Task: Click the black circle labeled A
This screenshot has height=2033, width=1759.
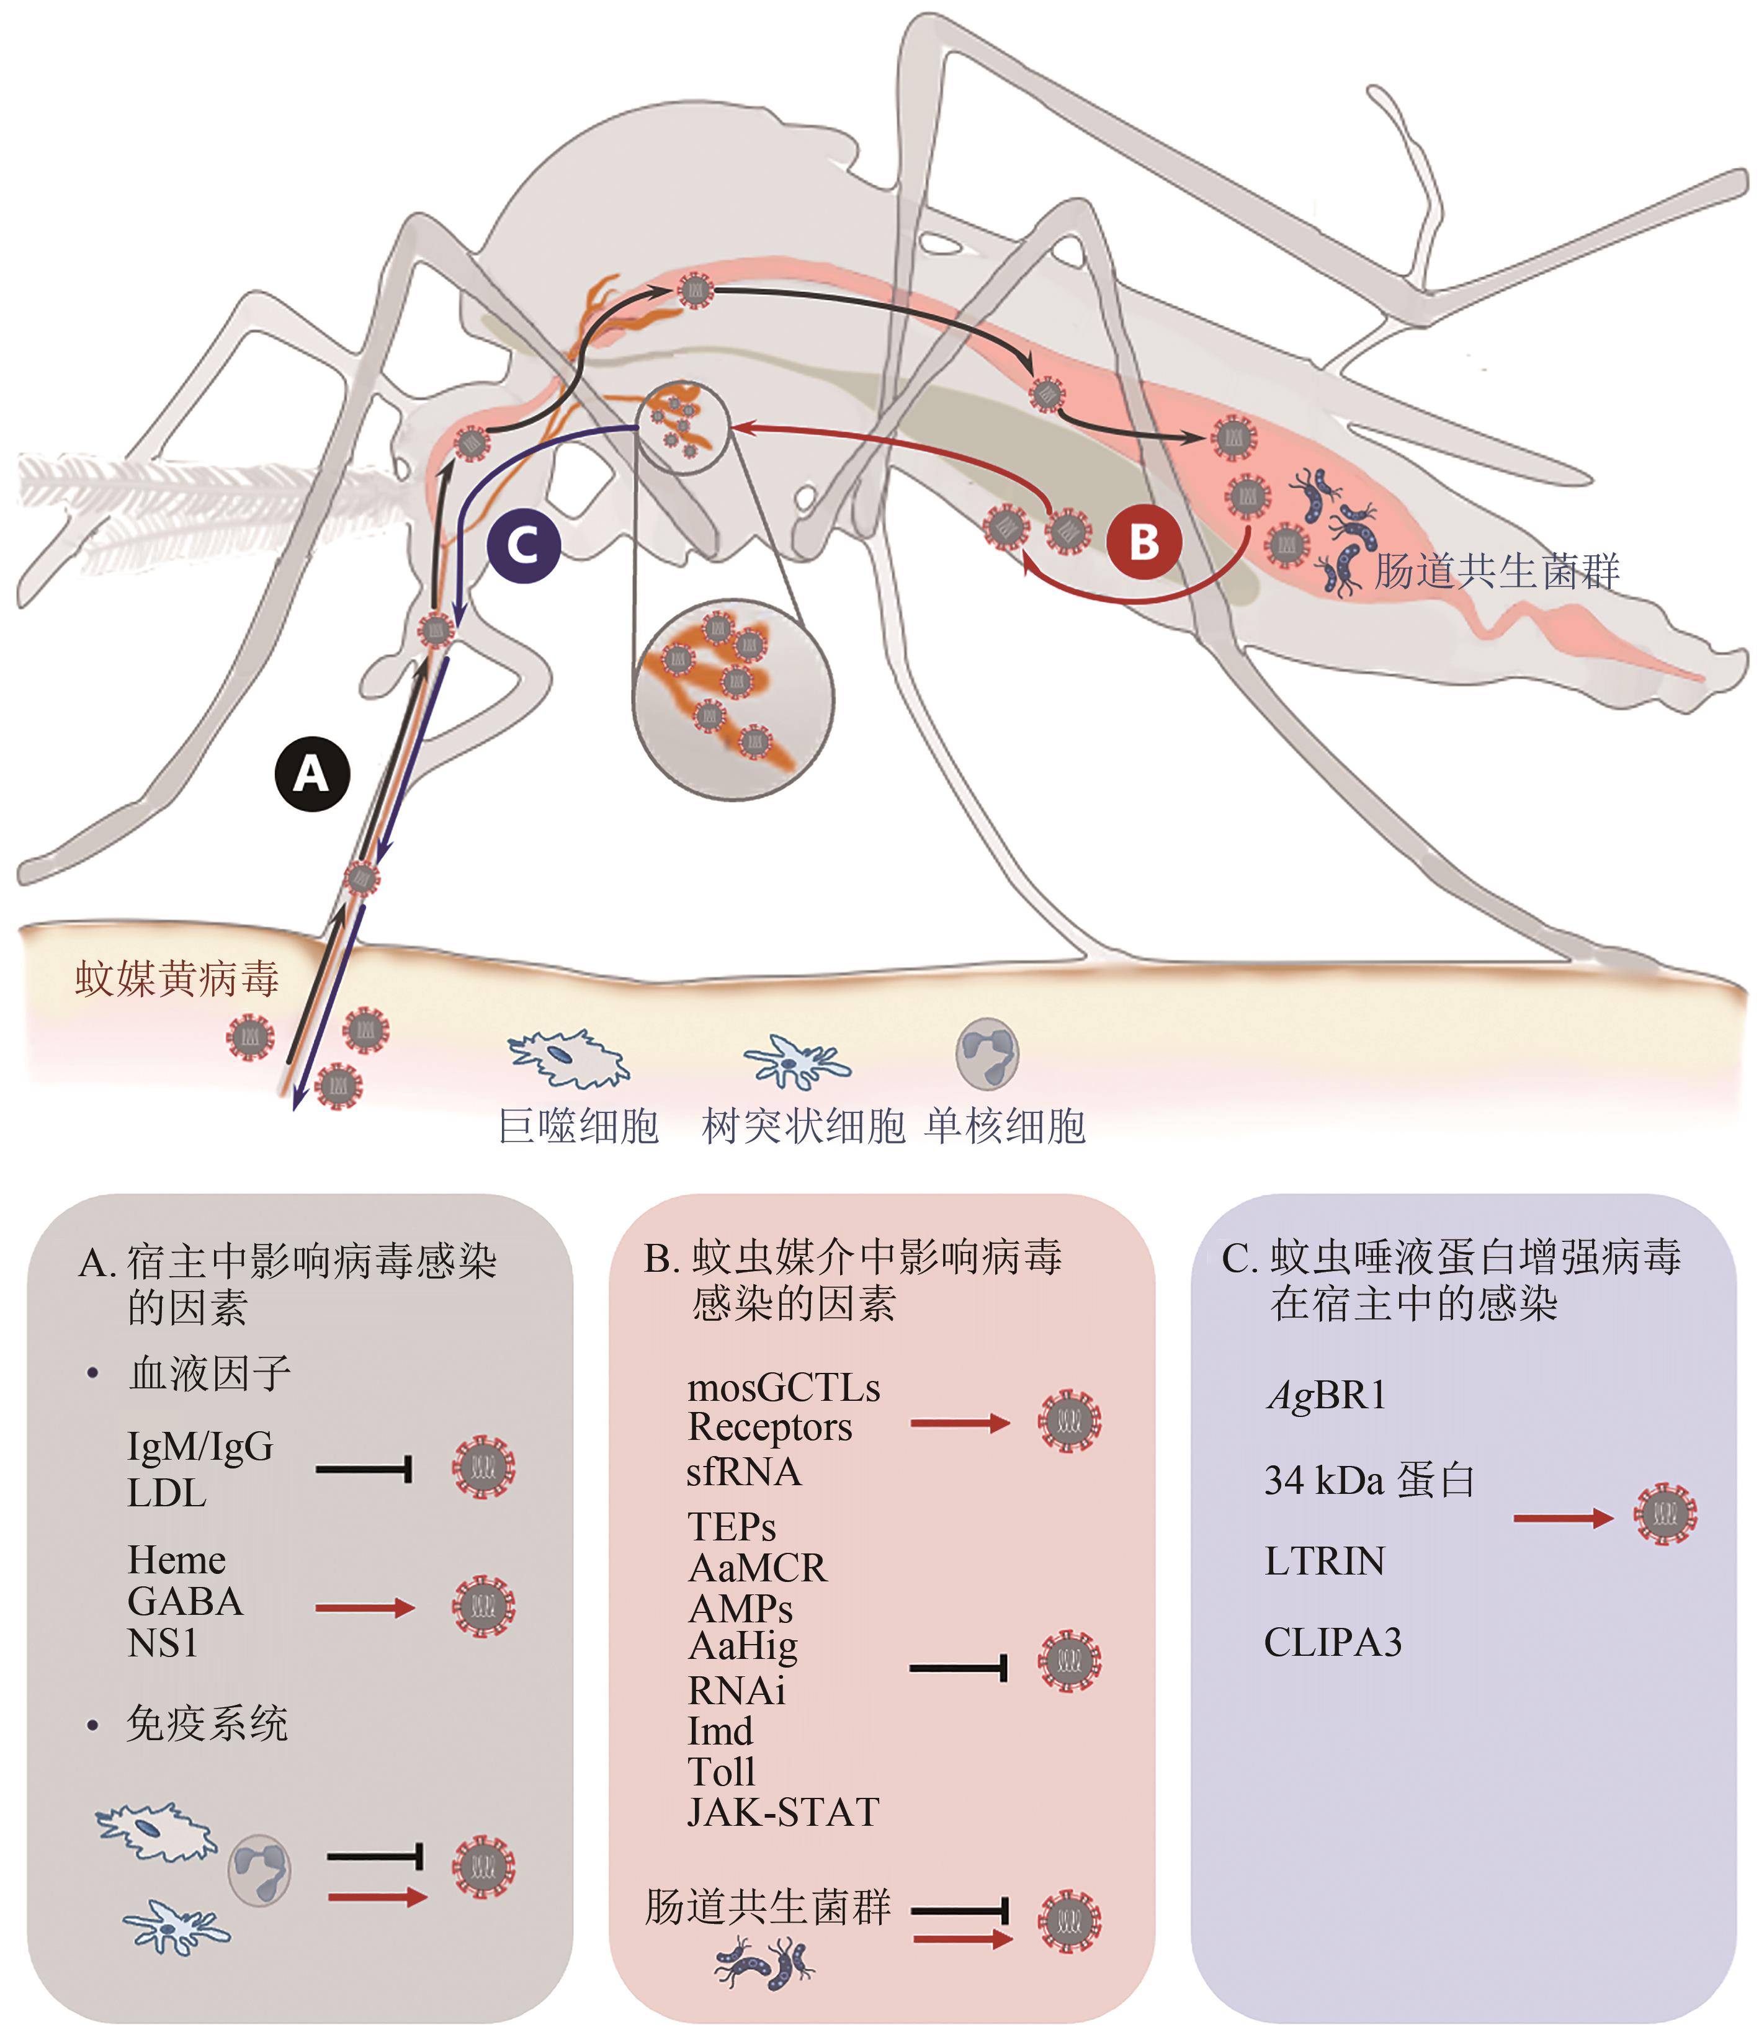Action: [312, 774]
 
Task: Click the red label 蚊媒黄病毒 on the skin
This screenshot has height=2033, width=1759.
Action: [177, 979]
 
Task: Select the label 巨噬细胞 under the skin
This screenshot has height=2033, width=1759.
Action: [578, 1126]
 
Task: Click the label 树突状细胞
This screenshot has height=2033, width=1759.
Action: [803, 1126]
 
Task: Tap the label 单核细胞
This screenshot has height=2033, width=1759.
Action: [1005, 1126]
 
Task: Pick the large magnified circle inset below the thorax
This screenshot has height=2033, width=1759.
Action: [733, 700]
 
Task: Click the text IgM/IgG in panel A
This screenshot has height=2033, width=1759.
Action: [200, 1446]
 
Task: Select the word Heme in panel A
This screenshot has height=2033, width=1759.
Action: [177, 1560]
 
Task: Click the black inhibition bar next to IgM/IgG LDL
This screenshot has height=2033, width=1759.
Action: [363, 1470]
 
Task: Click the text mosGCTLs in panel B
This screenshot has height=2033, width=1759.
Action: [783, 1388]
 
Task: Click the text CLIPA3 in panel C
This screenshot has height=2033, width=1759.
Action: [1332, 1642]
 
